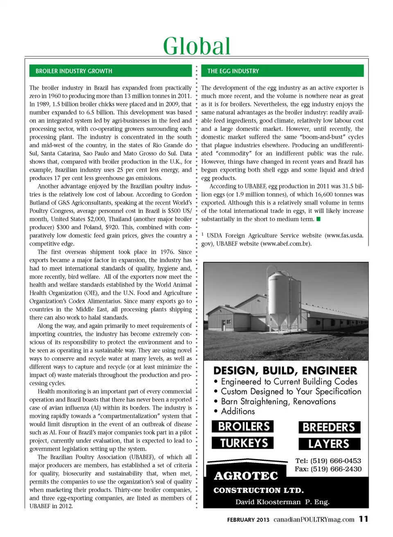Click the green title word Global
[196, 46]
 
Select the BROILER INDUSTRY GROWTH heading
[74, 71]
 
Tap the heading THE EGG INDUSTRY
[233, 71]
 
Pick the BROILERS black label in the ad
[243, 427]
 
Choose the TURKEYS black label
[243, 443]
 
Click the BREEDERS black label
[329, 427]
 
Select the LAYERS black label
[329, 444]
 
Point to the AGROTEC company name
[246, 476]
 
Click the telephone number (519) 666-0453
[335, 461]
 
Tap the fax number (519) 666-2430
[336, 469]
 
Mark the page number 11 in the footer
[364, 519]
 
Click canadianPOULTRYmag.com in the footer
[314, 519]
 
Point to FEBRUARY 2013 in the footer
[248, 520]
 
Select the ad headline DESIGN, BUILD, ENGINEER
[285, 371]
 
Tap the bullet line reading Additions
[237, 411]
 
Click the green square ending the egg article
[318, 219]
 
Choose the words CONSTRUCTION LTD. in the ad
[258, 490]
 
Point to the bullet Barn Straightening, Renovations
[278, 401]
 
